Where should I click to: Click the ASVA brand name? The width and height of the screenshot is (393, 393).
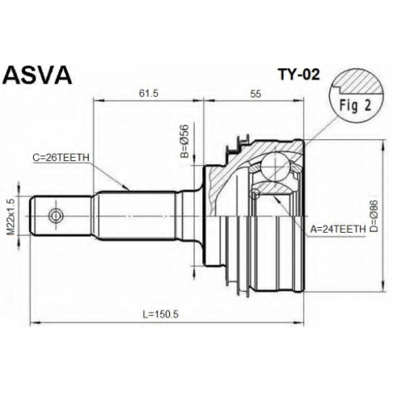coord(37,75)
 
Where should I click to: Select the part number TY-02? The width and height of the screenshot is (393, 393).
coord(299,75)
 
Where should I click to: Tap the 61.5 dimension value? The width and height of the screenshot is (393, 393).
coord(149,94)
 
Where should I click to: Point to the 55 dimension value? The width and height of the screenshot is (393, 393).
coord(255,94)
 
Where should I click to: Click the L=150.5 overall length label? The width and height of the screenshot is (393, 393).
coord(160,314)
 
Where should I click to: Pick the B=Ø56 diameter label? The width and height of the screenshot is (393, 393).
coord(185,141)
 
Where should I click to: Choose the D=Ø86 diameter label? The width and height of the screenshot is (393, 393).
coord(374,216)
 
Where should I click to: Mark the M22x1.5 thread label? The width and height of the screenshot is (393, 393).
coord(11,217)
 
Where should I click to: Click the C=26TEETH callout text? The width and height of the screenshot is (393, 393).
coord(61,158)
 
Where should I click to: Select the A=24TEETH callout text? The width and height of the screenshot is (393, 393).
coord(338,230)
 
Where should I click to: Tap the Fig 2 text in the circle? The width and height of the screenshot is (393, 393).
coord(355,105)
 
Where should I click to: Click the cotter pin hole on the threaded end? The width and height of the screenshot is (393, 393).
coord(56,216)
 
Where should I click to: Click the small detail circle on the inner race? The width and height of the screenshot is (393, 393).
coord(255,194)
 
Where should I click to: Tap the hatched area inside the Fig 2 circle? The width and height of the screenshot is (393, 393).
coord(360,82)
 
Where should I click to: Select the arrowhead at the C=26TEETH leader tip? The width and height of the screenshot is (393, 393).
coord(127,188)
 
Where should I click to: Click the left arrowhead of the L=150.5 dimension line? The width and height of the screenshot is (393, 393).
coord(35,322)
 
